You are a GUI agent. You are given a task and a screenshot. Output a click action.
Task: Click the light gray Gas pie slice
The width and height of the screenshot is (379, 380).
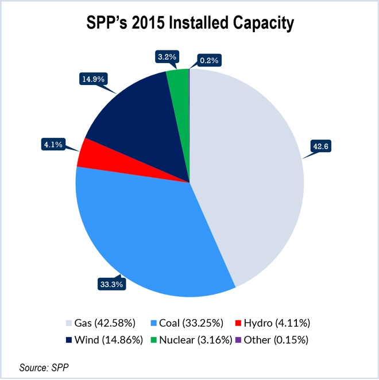253,172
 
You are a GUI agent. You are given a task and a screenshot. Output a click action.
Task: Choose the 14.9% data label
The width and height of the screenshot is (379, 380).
93,79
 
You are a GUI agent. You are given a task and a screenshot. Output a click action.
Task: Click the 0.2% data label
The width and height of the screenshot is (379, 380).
209,60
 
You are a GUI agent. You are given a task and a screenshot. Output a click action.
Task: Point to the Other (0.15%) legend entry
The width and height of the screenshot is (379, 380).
273,339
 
